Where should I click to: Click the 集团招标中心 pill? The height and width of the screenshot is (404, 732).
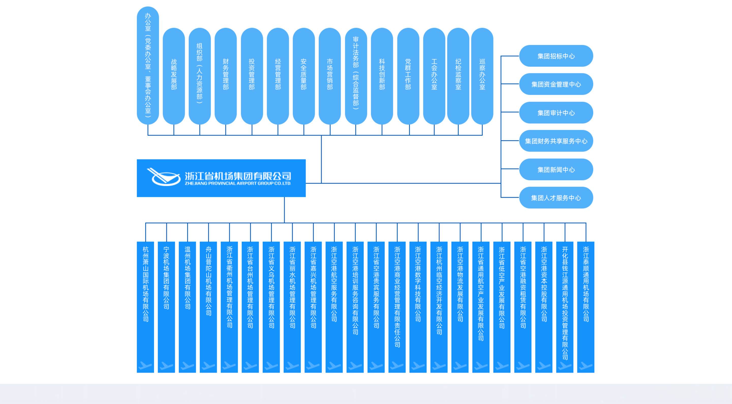556,56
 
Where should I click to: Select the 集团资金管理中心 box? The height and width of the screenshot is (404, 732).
556,84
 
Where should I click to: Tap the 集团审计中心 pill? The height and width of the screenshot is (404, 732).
556,113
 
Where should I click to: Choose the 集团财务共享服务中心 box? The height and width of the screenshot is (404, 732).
556,141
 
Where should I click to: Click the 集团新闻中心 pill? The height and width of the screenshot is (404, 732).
556,170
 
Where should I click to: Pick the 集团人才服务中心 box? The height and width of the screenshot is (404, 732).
556,198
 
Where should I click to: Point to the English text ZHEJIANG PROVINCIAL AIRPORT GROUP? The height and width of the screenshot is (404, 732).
238,183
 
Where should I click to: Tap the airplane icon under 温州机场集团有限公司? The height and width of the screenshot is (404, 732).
188,366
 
